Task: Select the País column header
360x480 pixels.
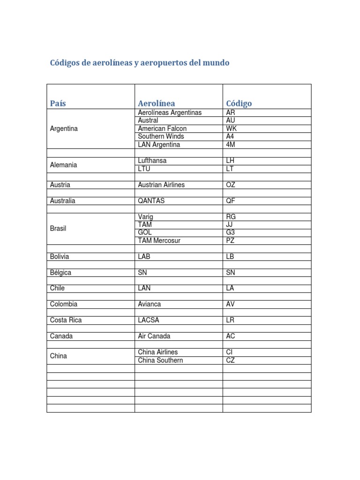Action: [x=58, y=103]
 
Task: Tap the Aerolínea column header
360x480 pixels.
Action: [x=157, y=103]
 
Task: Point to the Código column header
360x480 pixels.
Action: [x=239, y=103]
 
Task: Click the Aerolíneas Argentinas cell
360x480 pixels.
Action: [x=170, y=113]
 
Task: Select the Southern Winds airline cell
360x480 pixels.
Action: [x=161, y=136]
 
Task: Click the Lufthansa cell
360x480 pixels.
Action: [x=152, y=161]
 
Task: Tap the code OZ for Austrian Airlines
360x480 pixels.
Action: [x=231, y=185]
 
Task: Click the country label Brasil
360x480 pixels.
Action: [x=58, y=228]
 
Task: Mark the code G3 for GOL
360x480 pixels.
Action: [x=231, y=232]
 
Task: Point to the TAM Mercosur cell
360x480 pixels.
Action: [x=159, y=240]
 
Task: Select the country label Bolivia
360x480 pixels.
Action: [x=60, y=256]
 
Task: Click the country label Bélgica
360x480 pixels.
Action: [x=60, y=272]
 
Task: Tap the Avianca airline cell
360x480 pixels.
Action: [x=150, y=304]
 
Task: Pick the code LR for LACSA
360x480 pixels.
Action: [x=230, y=320]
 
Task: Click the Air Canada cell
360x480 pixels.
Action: [x=154, y=336]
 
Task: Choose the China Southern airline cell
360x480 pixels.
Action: [x=160, y=360]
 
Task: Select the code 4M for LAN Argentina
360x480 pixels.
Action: [x=231, y=144]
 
